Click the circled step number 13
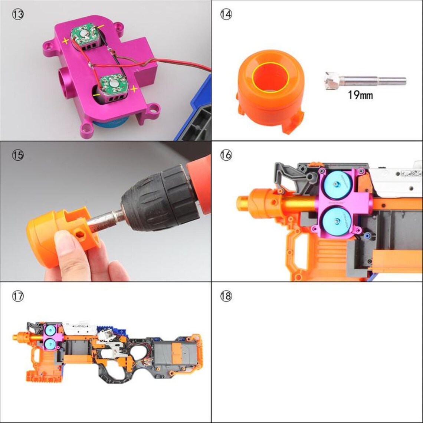tap(18, 15)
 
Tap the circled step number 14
tap(226, 15)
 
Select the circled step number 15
tap(18, 155)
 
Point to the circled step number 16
tap(226, 155)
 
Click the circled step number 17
tap(18, 296)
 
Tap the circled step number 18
tap(226, 296)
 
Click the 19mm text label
tap(360, 95)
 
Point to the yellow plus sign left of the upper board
tap(66, 41)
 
